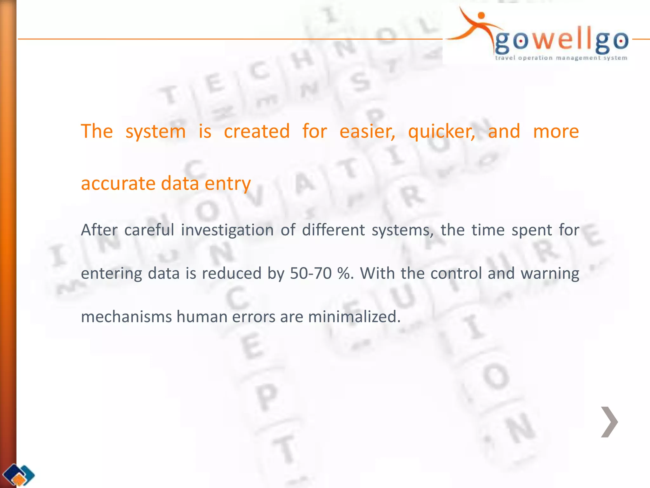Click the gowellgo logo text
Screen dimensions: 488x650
pyautogui.click(x=561, y=41)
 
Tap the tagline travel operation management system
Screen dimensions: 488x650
pyautogui.click(x=561, y=58)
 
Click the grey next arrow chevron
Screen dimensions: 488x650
pyautogui.click(x=609, y=422)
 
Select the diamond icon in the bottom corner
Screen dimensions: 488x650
pyautogui.click(x=19, y=475)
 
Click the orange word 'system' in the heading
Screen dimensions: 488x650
pyautogui.click(x=156, y=132)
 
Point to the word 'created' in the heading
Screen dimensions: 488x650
pyautogui.click(x=257, y=132)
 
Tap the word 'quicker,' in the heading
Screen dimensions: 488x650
pyautogui.click(x=441, y=132)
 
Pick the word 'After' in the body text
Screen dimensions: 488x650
pyautogui.click(x=99, y=230)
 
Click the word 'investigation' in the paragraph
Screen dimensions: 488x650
pyautogui.click(x=227, y=230)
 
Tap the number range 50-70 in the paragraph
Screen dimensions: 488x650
pyautogui.click(x=311, y=273)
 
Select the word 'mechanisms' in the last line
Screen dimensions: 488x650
pyautogui.click(x=126, y=317)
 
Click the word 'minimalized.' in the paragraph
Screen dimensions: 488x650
pyautogui.click(x=354, y=317)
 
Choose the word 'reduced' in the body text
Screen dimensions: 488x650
pyautogui.click(x=231, y=273)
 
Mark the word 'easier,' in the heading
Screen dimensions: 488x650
pyautogui.click(x=367, y=132)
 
